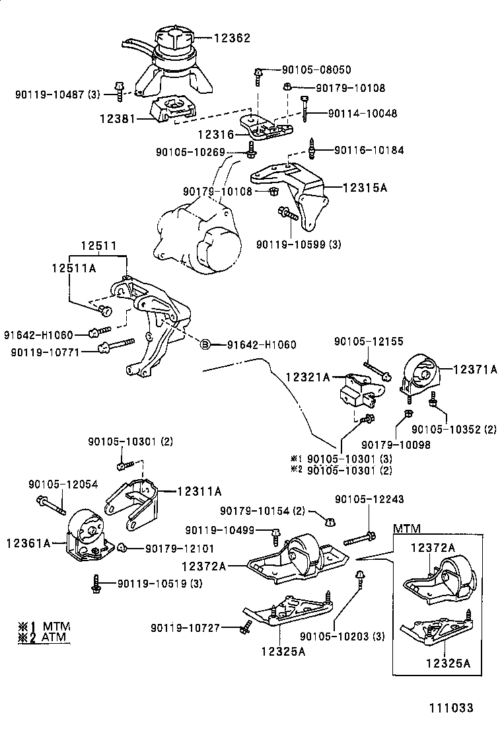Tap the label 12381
[x=117, y=119]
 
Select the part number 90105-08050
[x=316, y=70]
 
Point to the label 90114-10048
[x=363, y=114]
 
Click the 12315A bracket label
[x=364, y=188]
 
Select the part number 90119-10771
[x=45, y=352]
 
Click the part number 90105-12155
[x=369, y=342]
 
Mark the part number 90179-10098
[x=396, y=445]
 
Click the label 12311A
[x=198, y=491]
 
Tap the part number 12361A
[x=28, y=543]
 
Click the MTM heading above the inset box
[x=407, y=528]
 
